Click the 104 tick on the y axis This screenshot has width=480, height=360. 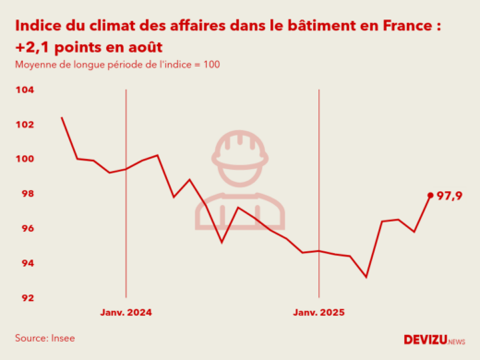coord(25,90)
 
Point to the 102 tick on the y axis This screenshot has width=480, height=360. coord(25,125)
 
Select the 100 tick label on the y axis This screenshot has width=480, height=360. coord(25,159)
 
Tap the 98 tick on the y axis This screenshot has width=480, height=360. coord(27,194)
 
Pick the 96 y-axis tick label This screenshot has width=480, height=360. coord(27,229)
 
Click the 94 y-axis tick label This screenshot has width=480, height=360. coord(27,263)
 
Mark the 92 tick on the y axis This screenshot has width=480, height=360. coord(27,298)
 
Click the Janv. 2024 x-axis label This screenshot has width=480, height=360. coord(126,313)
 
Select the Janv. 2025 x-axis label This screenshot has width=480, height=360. coord(318,313)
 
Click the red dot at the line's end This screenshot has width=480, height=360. coord(430,195)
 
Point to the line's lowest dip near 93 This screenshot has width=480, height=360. coord(366,277)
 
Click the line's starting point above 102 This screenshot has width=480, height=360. coord(62,117)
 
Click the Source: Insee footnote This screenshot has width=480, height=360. coord(44,338)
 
